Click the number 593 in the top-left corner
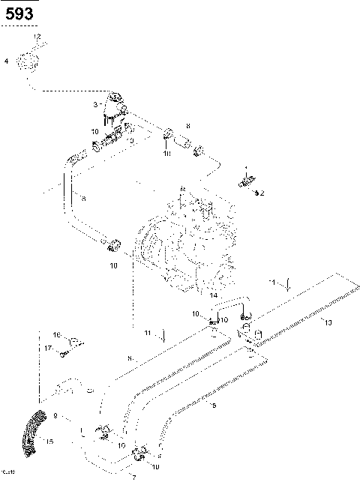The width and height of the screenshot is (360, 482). (x=18, y=12)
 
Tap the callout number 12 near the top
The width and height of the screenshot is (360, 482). (x=37, y=37)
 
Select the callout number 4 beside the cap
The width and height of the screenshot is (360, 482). (x=7, y=61)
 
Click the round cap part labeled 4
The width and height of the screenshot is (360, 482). (x=29, y=62)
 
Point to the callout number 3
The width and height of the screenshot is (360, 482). (x=95, y=104)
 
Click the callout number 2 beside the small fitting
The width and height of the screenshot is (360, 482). (x=262, y=193)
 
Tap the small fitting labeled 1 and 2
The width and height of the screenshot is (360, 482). (x=247, y=181)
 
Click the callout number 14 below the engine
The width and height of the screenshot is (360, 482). (x=213, y=295)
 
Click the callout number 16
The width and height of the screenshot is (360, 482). (x=56, y=334)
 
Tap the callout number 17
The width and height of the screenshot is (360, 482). (x=47, y=348)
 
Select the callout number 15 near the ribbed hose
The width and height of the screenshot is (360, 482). (x=51, y=442)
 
